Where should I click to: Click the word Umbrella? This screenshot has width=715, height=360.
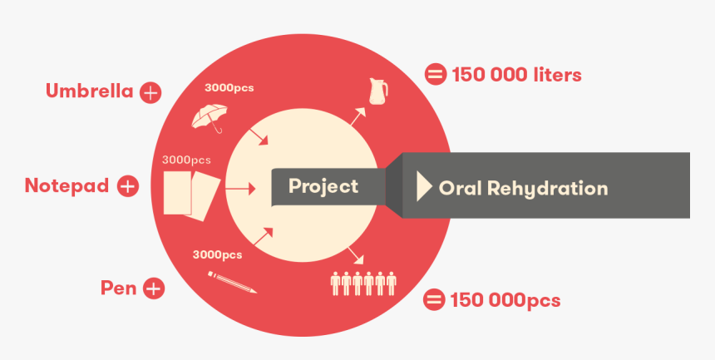pos(89,91)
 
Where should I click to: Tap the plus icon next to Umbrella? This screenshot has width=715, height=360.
pos(150,92)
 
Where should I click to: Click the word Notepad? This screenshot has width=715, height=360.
pos(67,185)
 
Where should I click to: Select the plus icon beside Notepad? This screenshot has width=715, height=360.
pos(127,186)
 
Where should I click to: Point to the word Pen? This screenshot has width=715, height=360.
pos(118,288)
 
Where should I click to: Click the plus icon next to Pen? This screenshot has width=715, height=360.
pos(153,288)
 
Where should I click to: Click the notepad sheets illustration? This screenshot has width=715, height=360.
pos(191,193)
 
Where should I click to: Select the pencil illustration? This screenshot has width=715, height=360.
pos(232,281)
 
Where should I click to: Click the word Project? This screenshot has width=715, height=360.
pos(323,186)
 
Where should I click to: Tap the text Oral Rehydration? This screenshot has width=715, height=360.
pos(523,188)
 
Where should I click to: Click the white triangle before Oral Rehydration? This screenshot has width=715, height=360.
pos(424,187)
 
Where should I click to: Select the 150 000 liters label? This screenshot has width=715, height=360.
pos(516,75)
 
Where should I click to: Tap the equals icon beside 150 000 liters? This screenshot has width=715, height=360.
pos(435,75)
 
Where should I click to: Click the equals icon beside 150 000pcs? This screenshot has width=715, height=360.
pos(433,299)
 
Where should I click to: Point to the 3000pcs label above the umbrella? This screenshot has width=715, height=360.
pos(228,86)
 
